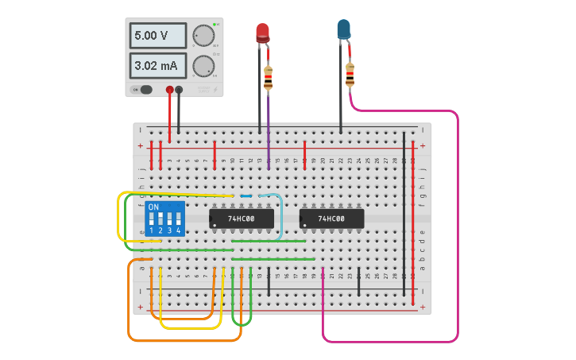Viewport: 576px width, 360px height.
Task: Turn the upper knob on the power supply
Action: (x=203, y=36)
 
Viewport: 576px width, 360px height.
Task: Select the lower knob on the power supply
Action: (x=203, y=66)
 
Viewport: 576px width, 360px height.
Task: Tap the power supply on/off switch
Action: (x=144, y=90)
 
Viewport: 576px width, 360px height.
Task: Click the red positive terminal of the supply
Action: (x=169, y=91)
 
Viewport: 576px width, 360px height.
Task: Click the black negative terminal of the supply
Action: (x=179, y=91)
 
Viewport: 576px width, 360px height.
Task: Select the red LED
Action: (x=262, y=33)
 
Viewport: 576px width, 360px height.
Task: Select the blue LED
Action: (x=343, y=30)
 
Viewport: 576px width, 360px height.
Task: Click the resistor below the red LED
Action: (x=268, y=78)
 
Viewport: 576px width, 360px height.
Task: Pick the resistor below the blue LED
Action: (x=350, y=75)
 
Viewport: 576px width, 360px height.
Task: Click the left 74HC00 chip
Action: (x=242, y=218)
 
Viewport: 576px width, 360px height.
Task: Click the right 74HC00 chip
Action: (x=331, y=218)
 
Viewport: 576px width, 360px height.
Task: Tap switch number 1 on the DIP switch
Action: (x=151, y=218)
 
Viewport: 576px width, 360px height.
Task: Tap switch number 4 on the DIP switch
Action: (x=179, y=218)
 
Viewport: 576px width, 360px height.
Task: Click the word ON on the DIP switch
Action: (x=153, y=207)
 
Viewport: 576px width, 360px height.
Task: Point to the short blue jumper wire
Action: (x=246, y=195)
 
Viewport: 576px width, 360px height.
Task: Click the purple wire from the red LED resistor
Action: (x=269, y=127)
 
